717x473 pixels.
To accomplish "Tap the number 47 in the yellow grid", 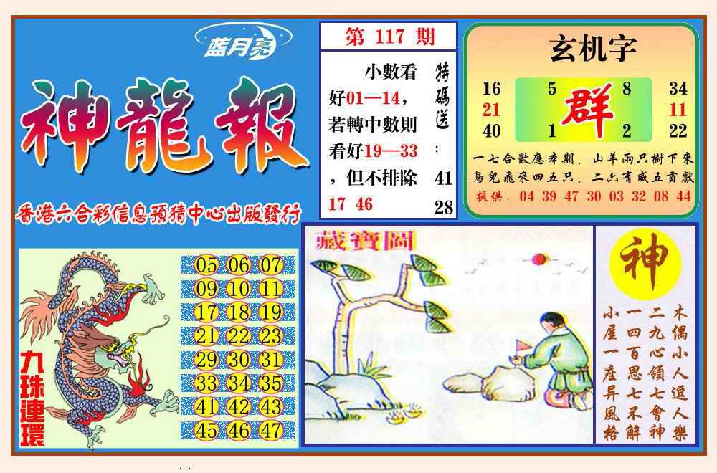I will coord(271,431).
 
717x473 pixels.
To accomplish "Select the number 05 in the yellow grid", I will coord(206,266).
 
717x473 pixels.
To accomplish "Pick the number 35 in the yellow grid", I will coord(271,384).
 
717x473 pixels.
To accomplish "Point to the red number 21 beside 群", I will coord(491,110).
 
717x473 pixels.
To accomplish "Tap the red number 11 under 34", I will coord(678,110).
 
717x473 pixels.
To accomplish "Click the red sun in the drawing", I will coord(538,259).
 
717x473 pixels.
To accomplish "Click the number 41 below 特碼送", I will coord(444,178).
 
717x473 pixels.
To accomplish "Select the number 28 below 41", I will coord(444,207).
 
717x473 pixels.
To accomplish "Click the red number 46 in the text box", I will coord(364,204).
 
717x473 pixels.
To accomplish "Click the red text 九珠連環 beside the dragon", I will coord(32,397).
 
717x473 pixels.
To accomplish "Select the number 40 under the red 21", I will coord(491,131).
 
